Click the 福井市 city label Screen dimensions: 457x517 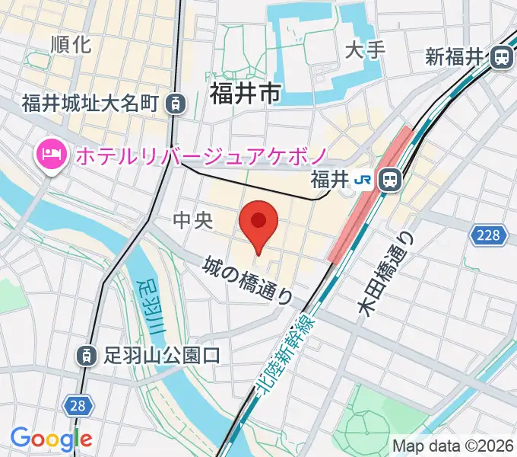(245, 94)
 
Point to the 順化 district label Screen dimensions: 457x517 (71, 44)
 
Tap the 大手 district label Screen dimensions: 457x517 (366, 50)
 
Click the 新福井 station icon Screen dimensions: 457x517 (501, 57)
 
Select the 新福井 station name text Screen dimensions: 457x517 (455, 57)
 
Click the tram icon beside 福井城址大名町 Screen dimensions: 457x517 (176, 102)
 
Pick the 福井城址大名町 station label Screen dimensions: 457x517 (89, 102)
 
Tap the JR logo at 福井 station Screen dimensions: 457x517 (366, 180)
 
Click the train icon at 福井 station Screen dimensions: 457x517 (390, 180)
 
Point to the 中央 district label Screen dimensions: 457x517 (190, 221)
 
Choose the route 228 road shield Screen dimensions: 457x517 (489, 235)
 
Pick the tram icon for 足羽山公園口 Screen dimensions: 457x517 (87, 355)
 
